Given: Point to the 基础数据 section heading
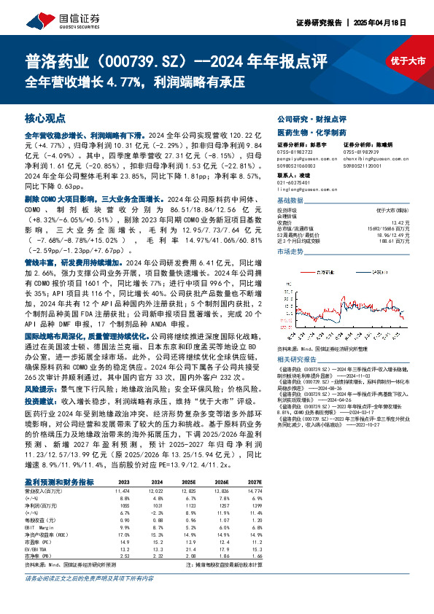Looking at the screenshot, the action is (292, 199).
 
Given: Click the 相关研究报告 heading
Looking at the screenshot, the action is (296, 361).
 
